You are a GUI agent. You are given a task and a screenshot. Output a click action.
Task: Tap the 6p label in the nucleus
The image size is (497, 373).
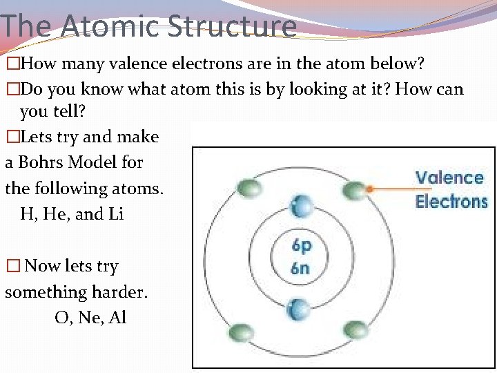(x=300, y=246)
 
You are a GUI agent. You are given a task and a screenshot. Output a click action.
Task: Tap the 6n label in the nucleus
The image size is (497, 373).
(x=300, y=268)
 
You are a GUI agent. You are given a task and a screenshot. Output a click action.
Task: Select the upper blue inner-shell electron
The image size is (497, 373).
(x=300, y=205)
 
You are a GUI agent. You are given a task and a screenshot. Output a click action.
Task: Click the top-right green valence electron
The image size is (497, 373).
(x=353, y=189)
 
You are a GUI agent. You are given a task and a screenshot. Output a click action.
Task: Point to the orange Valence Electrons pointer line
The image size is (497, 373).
(x=390, y=187)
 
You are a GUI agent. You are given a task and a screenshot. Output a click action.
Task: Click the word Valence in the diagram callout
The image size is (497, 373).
(x=449, y=178)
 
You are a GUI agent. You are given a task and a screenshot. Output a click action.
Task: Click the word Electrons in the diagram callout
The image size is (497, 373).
(x=451, y=202)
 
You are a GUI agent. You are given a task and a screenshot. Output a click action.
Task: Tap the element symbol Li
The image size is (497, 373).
(x=116, y=214)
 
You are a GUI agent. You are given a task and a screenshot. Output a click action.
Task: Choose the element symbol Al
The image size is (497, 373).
(x=117, y=318)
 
